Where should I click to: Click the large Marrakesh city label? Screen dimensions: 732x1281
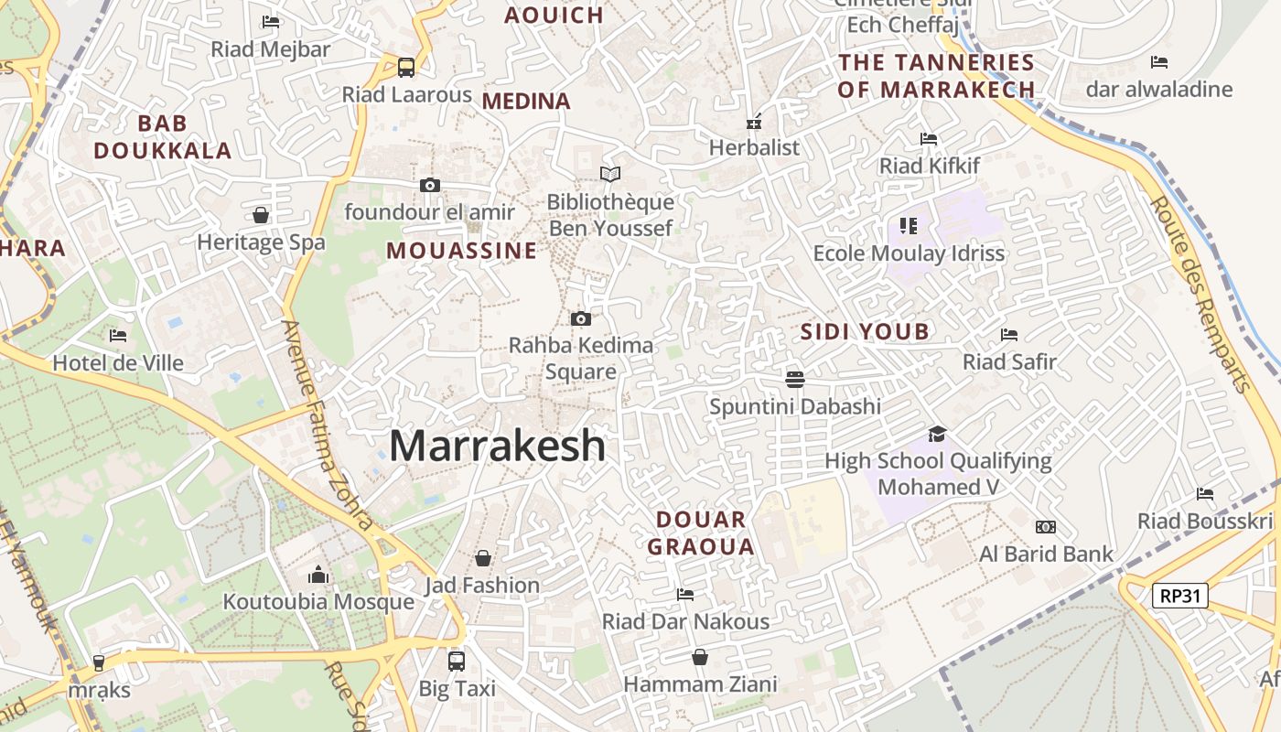click(497, 446)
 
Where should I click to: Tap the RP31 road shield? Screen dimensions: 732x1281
click(1179, 596)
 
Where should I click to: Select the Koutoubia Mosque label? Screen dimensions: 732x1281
click(318, 602)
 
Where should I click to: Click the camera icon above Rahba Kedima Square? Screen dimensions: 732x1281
click(580, 318)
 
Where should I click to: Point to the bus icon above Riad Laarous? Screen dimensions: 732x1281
click(405, 67)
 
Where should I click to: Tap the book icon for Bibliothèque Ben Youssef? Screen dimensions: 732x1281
click(609, 174)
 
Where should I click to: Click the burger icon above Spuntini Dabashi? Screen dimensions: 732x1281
click(794, 379)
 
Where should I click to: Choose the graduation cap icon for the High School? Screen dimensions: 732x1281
click(937, 434)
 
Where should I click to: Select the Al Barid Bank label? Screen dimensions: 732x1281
click(1046, 554)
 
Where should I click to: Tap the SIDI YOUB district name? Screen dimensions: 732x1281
click(865, 332)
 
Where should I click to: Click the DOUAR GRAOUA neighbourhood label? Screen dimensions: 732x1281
click(701, 533)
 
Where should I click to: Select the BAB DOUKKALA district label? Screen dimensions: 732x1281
click(163, 137)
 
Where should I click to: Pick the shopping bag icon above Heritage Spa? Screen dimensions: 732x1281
click(261, 215)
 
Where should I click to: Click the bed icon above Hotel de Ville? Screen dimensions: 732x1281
click(118, 336)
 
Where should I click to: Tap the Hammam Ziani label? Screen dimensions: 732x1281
click(700, 684)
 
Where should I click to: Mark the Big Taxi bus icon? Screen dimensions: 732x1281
click(457, 661)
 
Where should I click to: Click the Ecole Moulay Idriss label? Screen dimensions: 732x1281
click(909, 253)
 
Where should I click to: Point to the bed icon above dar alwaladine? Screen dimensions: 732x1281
click(1159, 62)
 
